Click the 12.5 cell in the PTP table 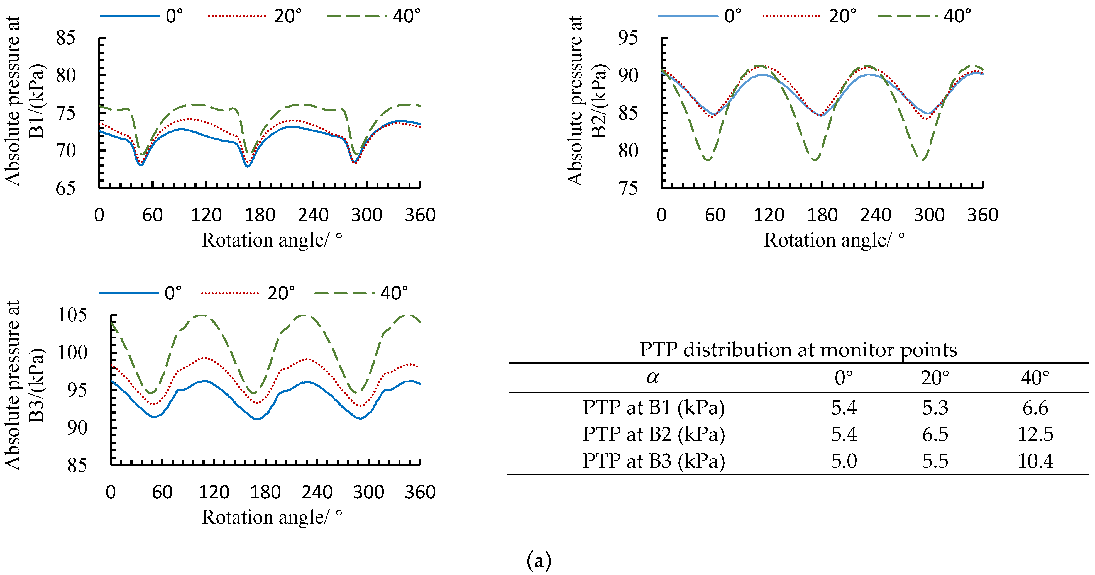tap(1035, 434)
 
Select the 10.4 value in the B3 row tap(1035, 461)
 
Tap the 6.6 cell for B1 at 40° tap(1035, 408)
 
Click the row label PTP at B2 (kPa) tap(653, 434)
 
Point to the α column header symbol tap(652, 377)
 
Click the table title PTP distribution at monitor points tap(798, 350)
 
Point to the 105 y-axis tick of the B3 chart tap(72, 315)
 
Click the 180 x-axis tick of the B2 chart tap(822, 215)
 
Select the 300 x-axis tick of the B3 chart tap(368, 492)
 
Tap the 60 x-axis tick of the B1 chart tap(152, 215)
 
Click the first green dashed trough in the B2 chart tap(708, 159)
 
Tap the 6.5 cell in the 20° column tap(935, 434)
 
